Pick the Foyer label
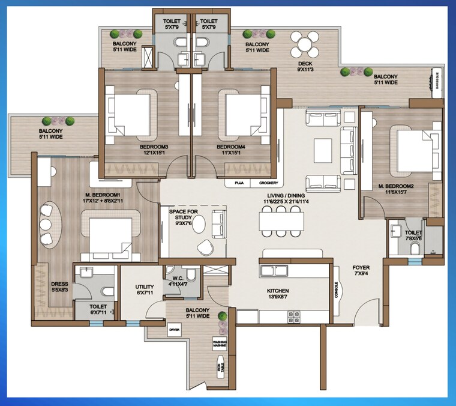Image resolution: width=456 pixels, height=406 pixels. click(x=361, y=267)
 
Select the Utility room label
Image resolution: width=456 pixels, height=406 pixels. click(x=145, y=287)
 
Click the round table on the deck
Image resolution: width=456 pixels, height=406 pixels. click(x=305, y=44)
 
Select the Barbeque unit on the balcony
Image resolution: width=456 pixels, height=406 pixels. click(x=437, y=80)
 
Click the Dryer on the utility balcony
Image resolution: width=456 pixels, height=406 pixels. click(x=175, y=330)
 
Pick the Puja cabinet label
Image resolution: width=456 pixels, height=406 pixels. click(x=238, y=183)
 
